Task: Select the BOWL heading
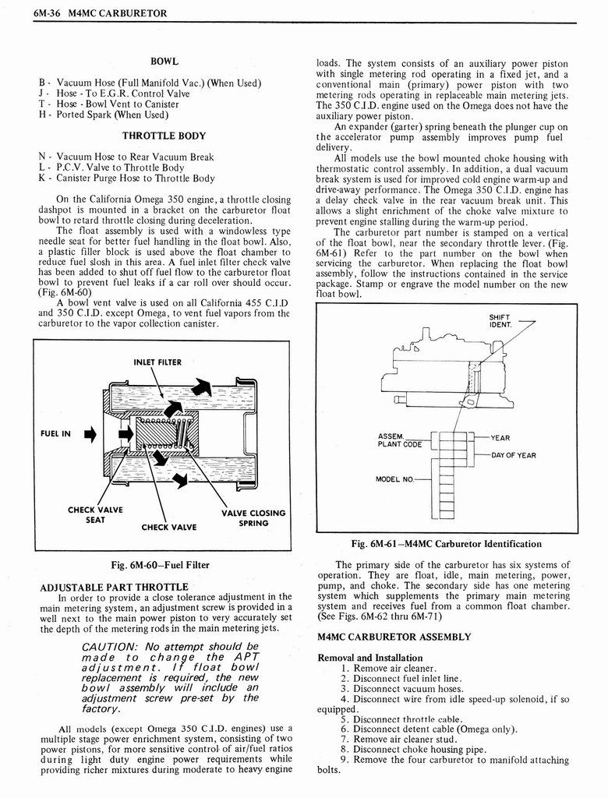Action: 164,61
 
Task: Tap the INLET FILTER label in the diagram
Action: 157,362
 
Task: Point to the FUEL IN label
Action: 56,434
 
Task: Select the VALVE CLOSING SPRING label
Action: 253,517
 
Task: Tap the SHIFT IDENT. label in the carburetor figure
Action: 500,320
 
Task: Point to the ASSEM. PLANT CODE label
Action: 400,440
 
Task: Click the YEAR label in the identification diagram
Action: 500,438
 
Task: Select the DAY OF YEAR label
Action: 513,455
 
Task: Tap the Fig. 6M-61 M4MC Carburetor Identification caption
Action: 446,543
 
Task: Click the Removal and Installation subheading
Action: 370,658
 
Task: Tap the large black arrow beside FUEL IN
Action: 88,435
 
